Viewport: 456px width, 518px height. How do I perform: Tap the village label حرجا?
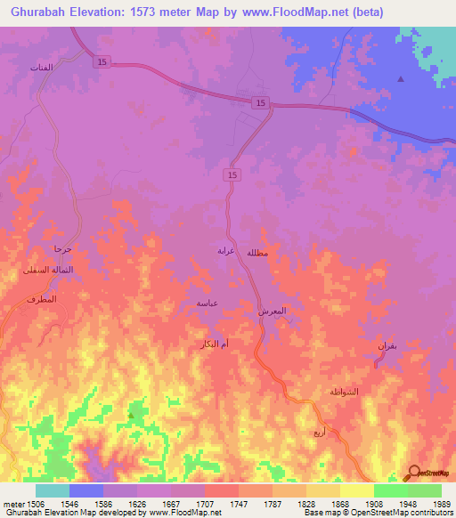[x=61, y=249]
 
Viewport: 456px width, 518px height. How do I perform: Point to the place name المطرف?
[x=42, y=298]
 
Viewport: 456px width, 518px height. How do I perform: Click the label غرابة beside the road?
[x=226, y=251]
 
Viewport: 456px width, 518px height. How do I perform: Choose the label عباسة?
[x=208, y=304]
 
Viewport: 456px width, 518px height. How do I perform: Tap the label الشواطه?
[x=344, y=393]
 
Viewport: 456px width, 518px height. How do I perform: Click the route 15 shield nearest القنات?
[x=102, y=61]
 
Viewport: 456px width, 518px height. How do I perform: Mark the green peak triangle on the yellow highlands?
[x=132, y=415]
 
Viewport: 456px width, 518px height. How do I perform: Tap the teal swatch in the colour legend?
[x=52, y=490]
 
